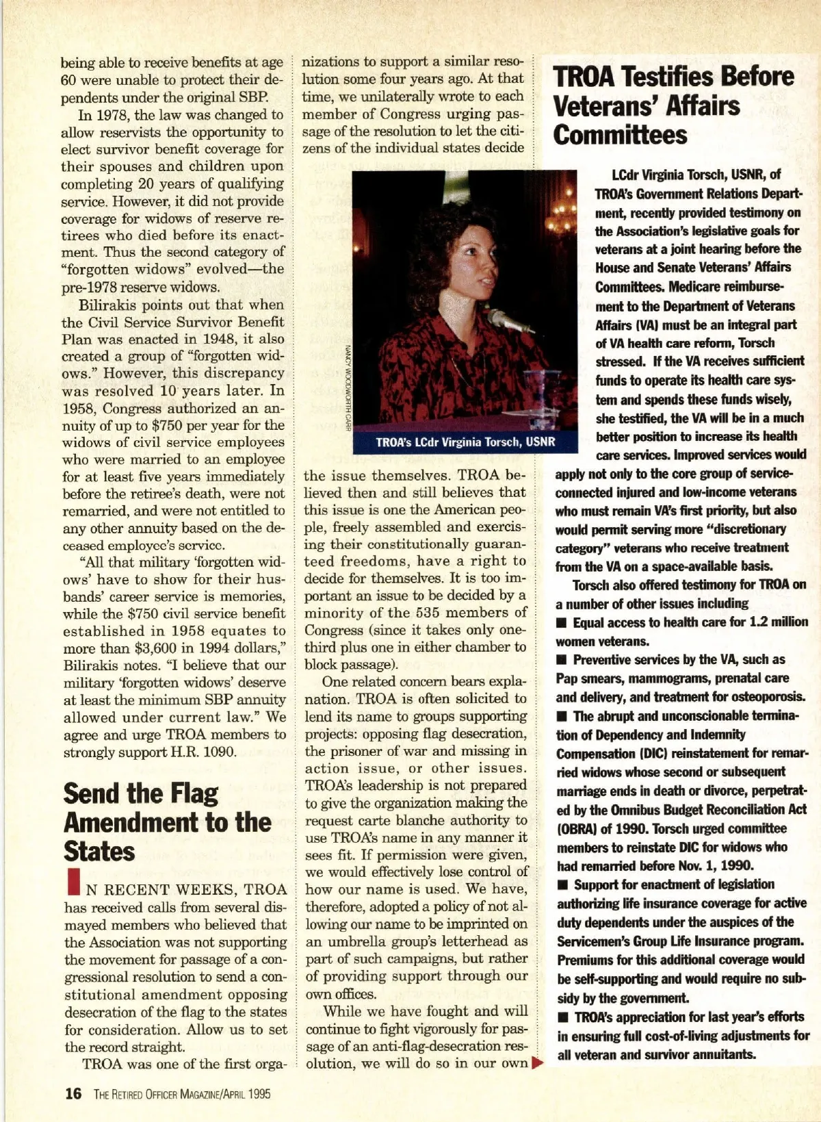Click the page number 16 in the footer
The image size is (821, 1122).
pyautogui.click(x=73, y=1093)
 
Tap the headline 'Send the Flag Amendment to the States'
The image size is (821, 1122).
pyautogui.click(x=167, y=822)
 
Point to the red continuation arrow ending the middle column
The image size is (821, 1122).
pyautogui.click(x=536, y=1063)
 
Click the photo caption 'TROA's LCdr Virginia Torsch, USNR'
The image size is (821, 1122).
pyautogui.click(x=465, y=442)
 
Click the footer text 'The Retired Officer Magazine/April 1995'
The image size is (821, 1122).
pyautogui.click(x=181, y=1094)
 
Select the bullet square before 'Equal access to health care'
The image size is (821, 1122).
pyautogui.click(x=562, y=623)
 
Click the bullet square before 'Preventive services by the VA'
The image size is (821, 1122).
pyautogui.click(x=562, y=660)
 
